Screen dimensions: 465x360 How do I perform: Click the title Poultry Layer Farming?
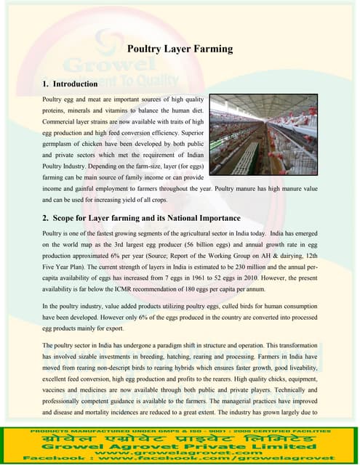point(180,49)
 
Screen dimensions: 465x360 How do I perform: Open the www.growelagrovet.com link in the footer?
point(180,451)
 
